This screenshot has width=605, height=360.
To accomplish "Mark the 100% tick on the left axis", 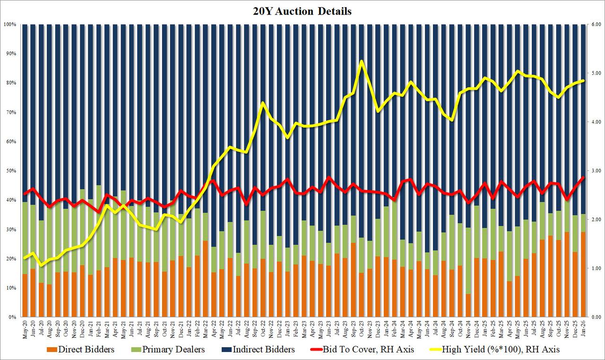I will [x=10, y=24].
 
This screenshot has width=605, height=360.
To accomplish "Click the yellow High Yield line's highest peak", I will [x=362, y=61].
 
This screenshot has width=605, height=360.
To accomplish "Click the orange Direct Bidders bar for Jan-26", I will [x=582, y=274].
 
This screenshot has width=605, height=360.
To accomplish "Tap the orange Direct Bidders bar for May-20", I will [x=25, y=295].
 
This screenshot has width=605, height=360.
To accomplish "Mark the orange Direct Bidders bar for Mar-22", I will [x=206, y=279].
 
